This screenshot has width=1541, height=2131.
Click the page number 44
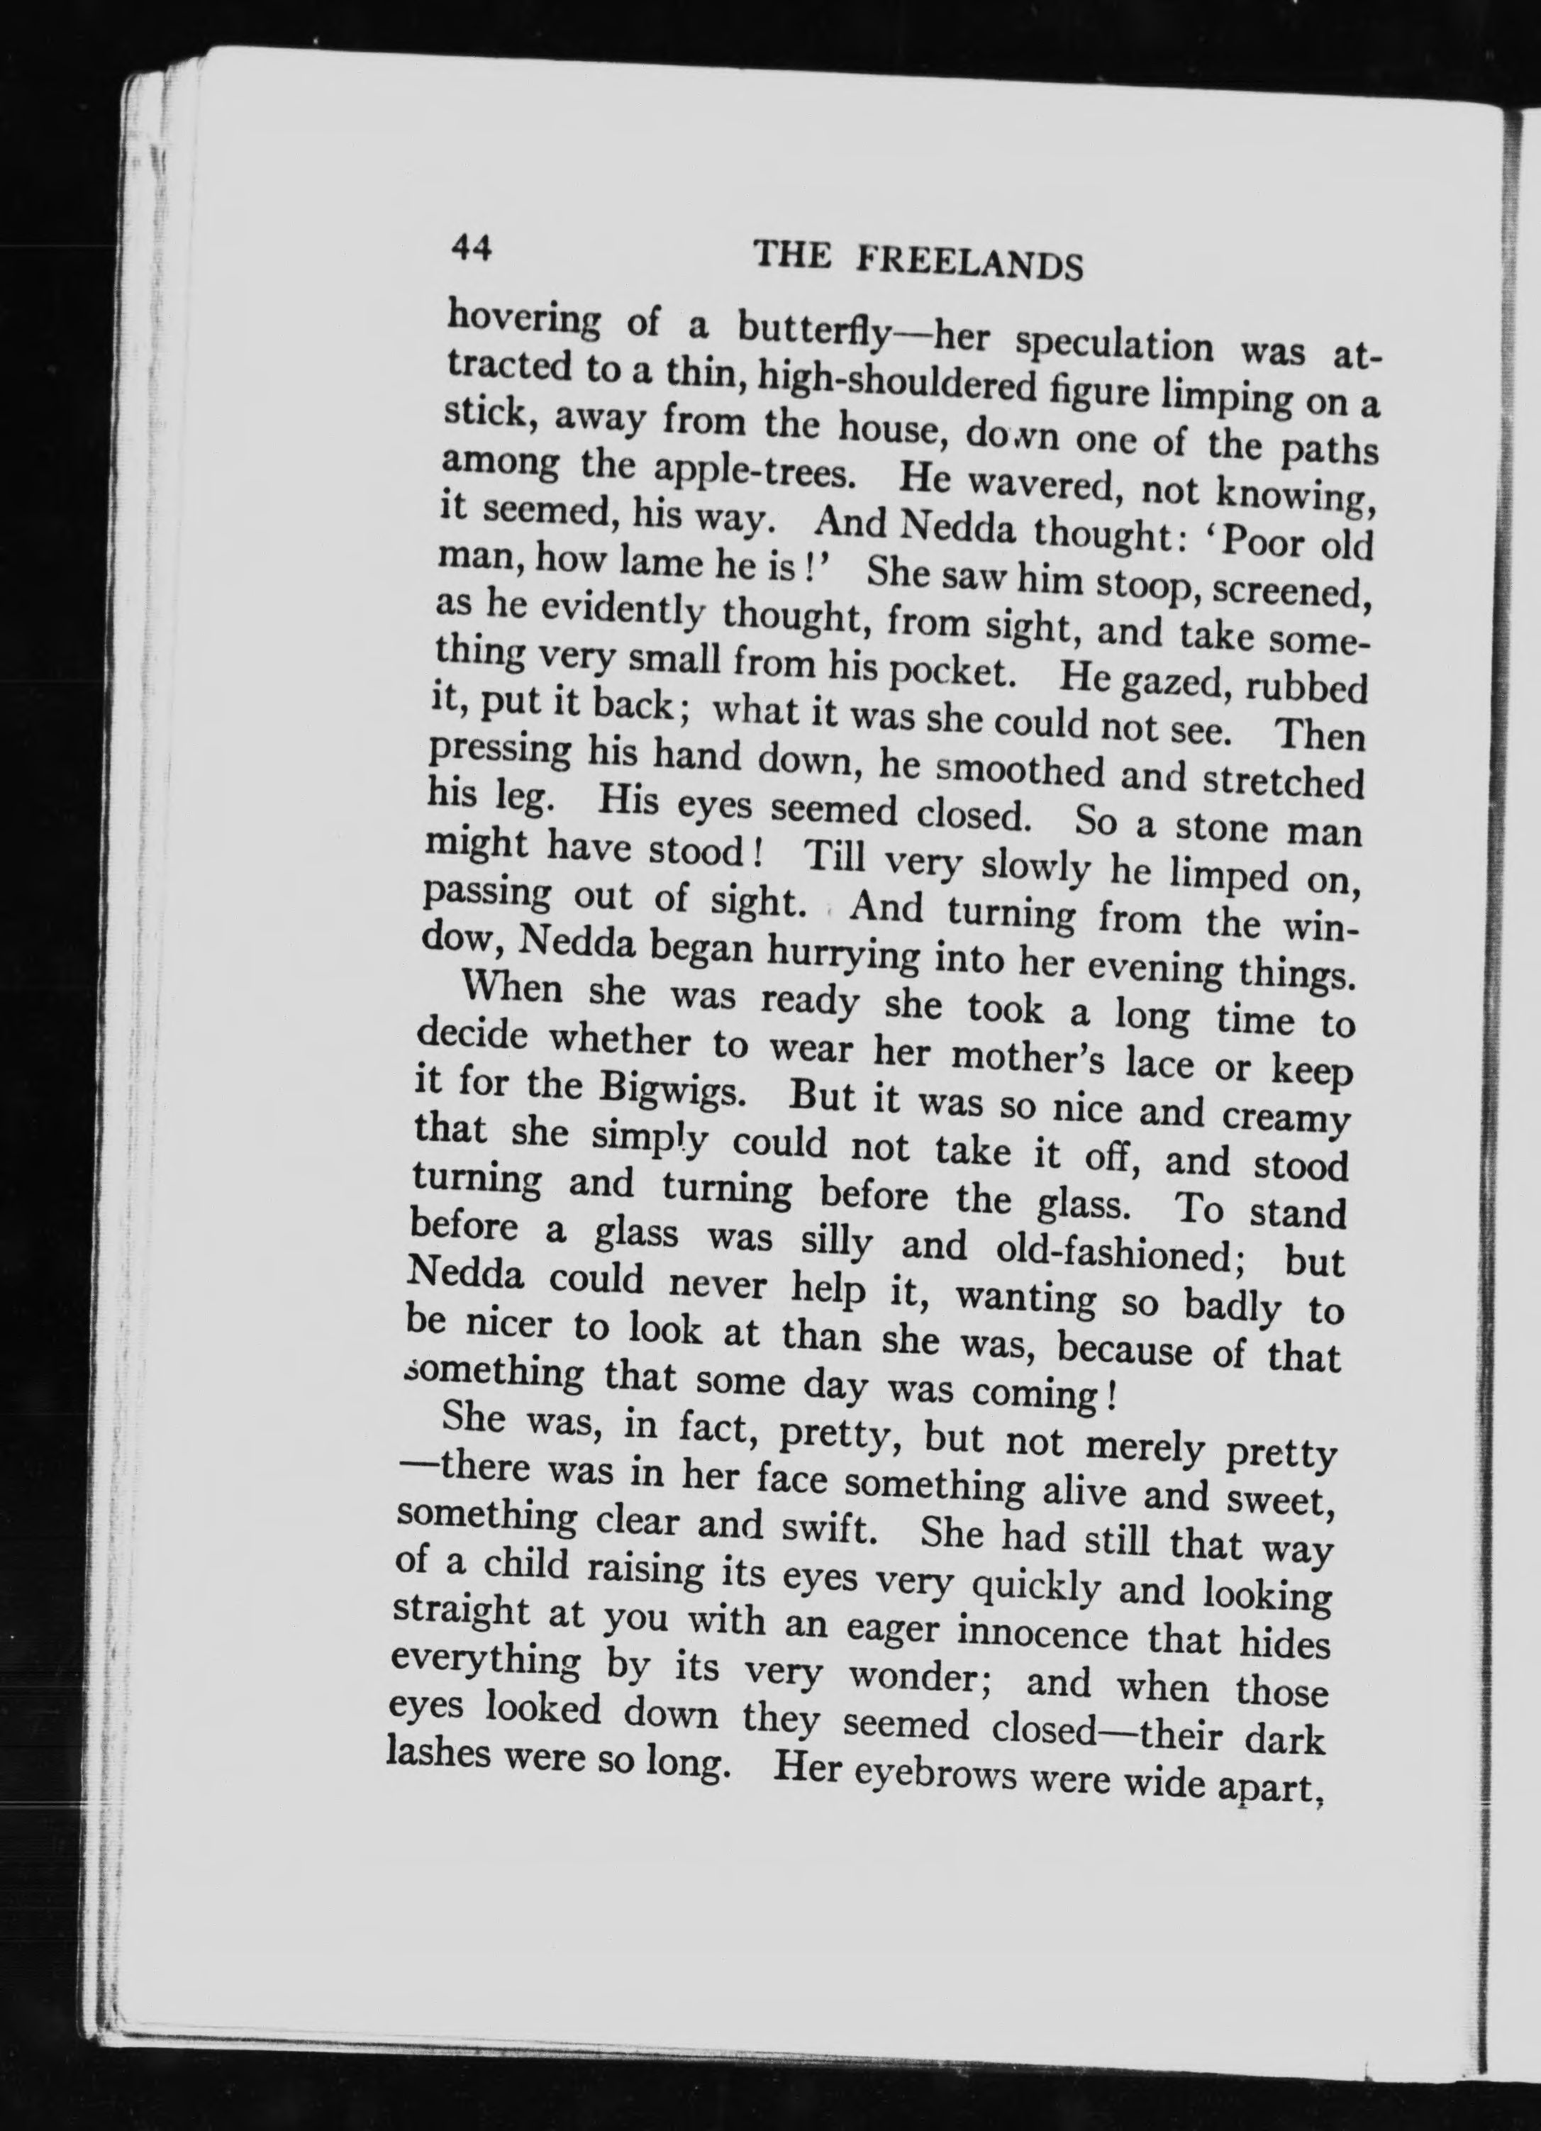coord(472,248)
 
